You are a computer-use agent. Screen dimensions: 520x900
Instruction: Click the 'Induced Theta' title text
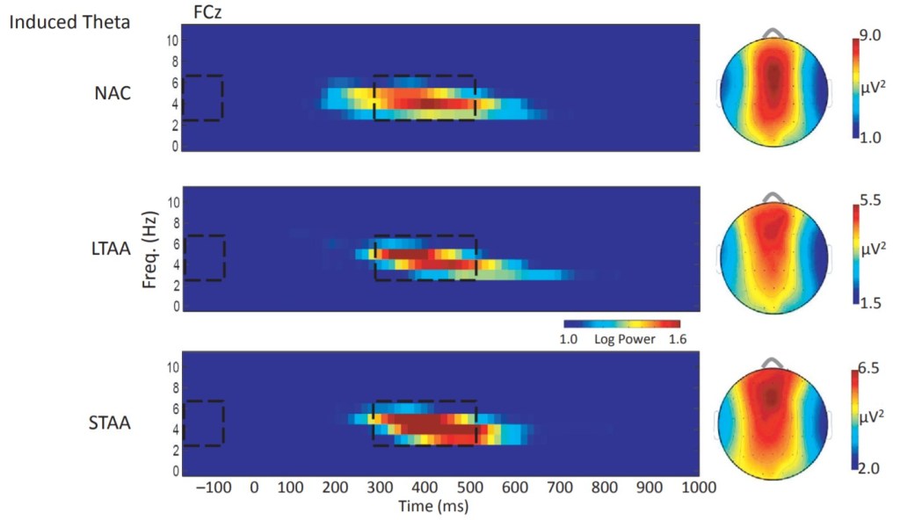(69, 22)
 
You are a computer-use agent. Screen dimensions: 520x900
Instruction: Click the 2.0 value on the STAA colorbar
(867, 471)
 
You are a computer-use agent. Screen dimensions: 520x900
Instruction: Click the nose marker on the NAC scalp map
(774, 32)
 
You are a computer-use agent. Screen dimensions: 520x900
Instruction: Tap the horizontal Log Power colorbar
(621, 325)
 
